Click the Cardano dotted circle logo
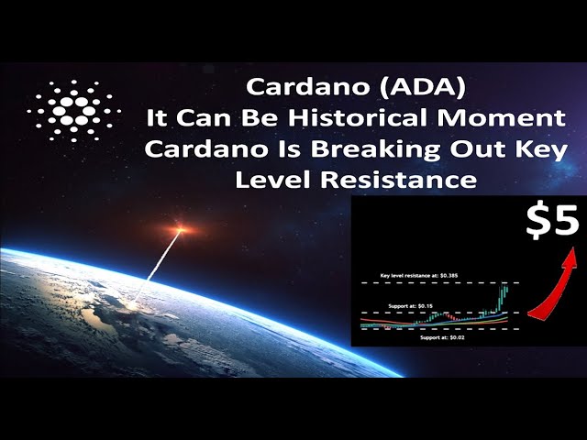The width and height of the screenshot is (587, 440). (x=74, y=111)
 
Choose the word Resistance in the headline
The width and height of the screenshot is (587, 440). (x=399, y=180)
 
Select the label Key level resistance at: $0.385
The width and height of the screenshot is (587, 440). (x=419, y=276)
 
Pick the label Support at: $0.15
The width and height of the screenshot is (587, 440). (x=410, y=306)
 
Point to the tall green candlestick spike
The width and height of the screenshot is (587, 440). (x=502, y=297)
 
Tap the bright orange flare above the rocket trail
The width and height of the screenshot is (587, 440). (x=181, y=228)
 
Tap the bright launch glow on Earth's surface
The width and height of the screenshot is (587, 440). (x=131, y=307)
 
